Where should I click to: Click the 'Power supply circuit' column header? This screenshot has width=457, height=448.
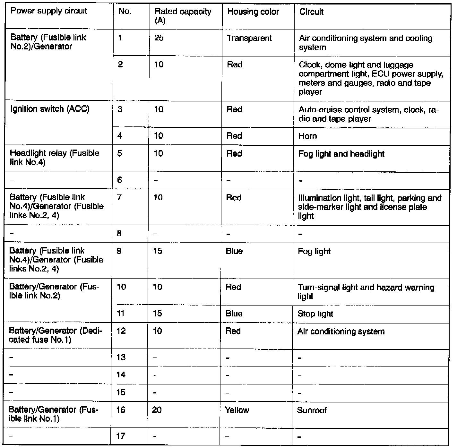(x=49, y=11)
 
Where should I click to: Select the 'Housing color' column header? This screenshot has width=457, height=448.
(x=253, y=12)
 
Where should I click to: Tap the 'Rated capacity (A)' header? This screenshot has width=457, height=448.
(x=183, y=16)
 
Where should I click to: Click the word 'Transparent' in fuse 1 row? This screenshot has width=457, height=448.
(x=249, y=38)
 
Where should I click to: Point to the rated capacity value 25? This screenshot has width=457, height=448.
(x=159, y=38)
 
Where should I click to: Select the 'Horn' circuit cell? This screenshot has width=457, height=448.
(x=307, y=136)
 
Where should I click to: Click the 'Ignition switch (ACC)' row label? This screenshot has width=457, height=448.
(x=50, y=109)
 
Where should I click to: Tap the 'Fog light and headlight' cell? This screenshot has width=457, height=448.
(x=341, y=154)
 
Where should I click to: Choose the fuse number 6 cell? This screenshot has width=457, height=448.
(x=120, y=180)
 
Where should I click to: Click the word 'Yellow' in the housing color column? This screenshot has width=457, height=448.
(x=237, y=410)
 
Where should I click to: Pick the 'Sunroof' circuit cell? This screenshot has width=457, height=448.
(x=312, y=410)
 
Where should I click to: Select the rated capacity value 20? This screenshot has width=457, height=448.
(x=157, y=410)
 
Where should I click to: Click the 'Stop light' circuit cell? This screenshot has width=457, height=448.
(x=315, y=314)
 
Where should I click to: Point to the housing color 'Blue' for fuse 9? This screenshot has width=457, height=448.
(x=234, y=251)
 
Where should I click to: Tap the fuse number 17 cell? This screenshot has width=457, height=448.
(x=121, y=436)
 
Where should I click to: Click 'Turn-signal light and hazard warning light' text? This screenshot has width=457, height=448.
(x=366, y=292)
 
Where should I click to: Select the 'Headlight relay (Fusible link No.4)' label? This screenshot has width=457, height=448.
(x=54, y=158)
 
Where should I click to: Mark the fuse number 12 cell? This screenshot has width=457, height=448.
(x=121, y=331)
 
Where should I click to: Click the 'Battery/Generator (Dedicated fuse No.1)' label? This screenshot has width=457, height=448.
(x=55, y=335)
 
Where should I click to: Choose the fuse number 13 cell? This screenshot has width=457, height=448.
(x=121, y=358)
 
